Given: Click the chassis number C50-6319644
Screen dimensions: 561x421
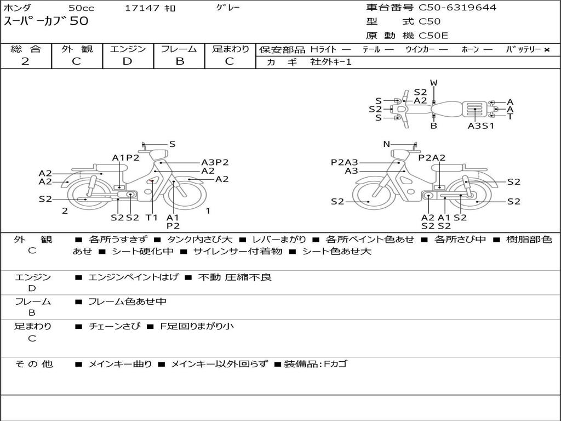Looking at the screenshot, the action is (457, 8).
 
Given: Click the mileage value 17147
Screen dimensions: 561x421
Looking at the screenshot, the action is (142, 8).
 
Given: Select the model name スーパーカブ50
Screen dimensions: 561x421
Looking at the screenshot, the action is (46, 21).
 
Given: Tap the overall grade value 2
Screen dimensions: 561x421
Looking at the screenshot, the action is (25, 61).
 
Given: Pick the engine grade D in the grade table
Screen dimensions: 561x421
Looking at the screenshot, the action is (127, 61).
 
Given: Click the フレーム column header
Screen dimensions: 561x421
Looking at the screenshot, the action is (179, 49).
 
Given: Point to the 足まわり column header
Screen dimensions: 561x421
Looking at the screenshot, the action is (230, 49).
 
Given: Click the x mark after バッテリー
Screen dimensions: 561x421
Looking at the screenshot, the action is (546, 50).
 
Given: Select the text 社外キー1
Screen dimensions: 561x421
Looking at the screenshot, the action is (331, 62).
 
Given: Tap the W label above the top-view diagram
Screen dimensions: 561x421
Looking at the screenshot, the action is (434, 83).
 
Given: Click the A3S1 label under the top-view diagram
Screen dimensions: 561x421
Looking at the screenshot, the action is (481, 126).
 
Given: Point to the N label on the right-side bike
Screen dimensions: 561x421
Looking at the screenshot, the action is (387, 144).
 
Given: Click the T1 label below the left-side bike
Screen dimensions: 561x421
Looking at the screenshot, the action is (152, 217).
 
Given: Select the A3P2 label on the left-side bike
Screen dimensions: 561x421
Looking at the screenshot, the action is (215, 162).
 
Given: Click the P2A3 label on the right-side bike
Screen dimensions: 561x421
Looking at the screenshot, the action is (344, 162).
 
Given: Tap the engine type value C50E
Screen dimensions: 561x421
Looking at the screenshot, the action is (433, 36).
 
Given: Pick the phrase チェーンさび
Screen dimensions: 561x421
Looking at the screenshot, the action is (115, 326).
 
